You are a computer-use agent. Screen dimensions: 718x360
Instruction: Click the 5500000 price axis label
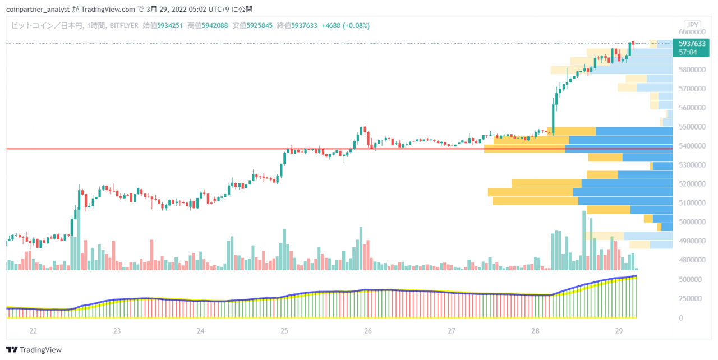pyautogui.click(x=692, y=127)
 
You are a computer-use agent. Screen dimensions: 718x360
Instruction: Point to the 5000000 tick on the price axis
pyautogui.click(x=692, y=222)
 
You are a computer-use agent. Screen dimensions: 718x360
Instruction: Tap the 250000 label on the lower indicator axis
pyautogui.click(x=690, y=298)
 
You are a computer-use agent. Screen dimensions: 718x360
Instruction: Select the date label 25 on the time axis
pyautogui.click(x=284, y=331)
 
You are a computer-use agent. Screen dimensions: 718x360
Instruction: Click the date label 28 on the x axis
pyautogui.click(x=535, y=331)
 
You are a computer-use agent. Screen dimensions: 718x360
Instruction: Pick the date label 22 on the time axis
pyautogui.click(x=33, y=331)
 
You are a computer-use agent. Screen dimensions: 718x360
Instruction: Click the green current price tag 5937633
pyautogui.click(x=692, y=44)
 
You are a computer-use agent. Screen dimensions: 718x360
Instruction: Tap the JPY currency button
pyautogui.click(x=692, y=25)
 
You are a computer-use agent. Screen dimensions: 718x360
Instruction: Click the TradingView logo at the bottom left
pyautogui.click(x=34, y=350)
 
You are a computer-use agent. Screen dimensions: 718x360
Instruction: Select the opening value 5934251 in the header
pyautogui.click(x=170, y=26)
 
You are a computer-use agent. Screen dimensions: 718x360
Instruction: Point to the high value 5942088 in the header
pyautogui.click(x=215, y=26)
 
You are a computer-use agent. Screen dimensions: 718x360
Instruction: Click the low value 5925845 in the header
pyautogui.click(x=259, y=26)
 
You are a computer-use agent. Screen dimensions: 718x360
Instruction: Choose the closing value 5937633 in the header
pyautogui.click(x=304, y=26)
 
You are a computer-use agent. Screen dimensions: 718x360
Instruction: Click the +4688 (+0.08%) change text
pyautogui.click(x=346, y=26)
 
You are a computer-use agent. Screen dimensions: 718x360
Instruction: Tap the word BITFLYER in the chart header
pyautogui.click(x=124, y=26)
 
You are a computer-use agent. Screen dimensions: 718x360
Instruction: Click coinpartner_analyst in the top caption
pyautogui.click(x=38, y=10)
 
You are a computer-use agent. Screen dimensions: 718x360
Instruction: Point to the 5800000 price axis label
pyautogui.click(x=692, y=70)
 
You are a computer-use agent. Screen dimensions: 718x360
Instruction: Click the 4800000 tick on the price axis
pyautogui.click(x=692, y=260)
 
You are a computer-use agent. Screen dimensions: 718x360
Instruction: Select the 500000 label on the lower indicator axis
pyautogui.click(x=690, y=280)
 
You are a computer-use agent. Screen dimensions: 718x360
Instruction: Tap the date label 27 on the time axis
pyautogui.click(x=452, y=331)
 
